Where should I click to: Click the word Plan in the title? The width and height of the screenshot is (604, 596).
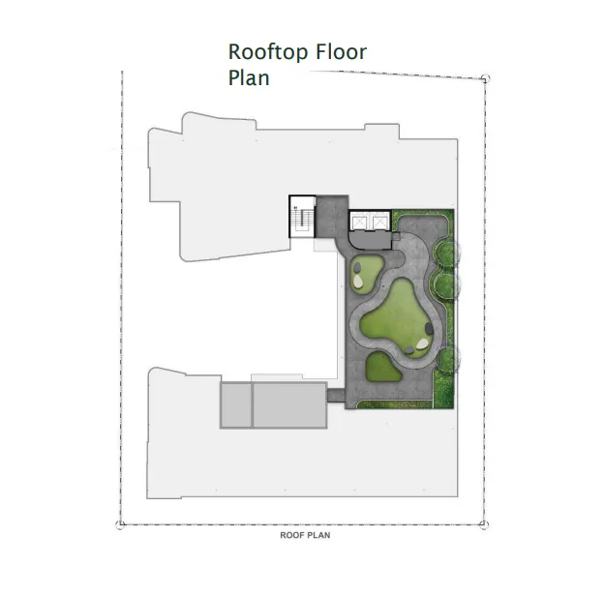(249, 77)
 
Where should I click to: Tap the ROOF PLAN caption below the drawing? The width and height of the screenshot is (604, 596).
(305, 535)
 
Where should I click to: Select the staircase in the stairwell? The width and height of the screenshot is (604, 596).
(300, 220)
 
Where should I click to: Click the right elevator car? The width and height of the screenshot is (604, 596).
(379, 223)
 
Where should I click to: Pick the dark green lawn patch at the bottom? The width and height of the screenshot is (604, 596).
(383, 368)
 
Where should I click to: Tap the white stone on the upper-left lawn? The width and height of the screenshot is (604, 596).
(358, 281)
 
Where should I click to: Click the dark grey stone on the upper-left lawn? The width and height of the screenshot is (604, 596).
(358, 268)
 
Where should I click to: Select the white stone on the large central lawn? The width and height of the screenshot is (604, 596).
(422, 343)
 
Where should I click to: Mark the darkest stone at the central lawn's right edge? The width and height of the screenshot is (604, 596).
(429, 329)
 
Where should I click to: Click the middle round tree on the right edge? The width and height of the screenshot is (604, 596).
(447, 284)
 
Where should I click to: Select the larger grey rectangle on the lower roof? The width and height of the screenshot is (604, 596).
(289, 404)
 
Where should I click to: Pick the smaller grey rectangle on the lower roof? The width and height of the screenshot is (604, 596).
(236, 404)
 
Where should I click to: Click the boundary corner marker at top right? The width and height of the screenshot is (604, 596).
(485, 78)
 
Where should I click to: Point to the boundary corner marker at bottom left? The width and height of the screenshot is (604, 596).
(120, 524)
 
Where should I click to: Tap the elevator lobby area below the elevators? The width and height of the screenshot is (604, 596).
(370, 241)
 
